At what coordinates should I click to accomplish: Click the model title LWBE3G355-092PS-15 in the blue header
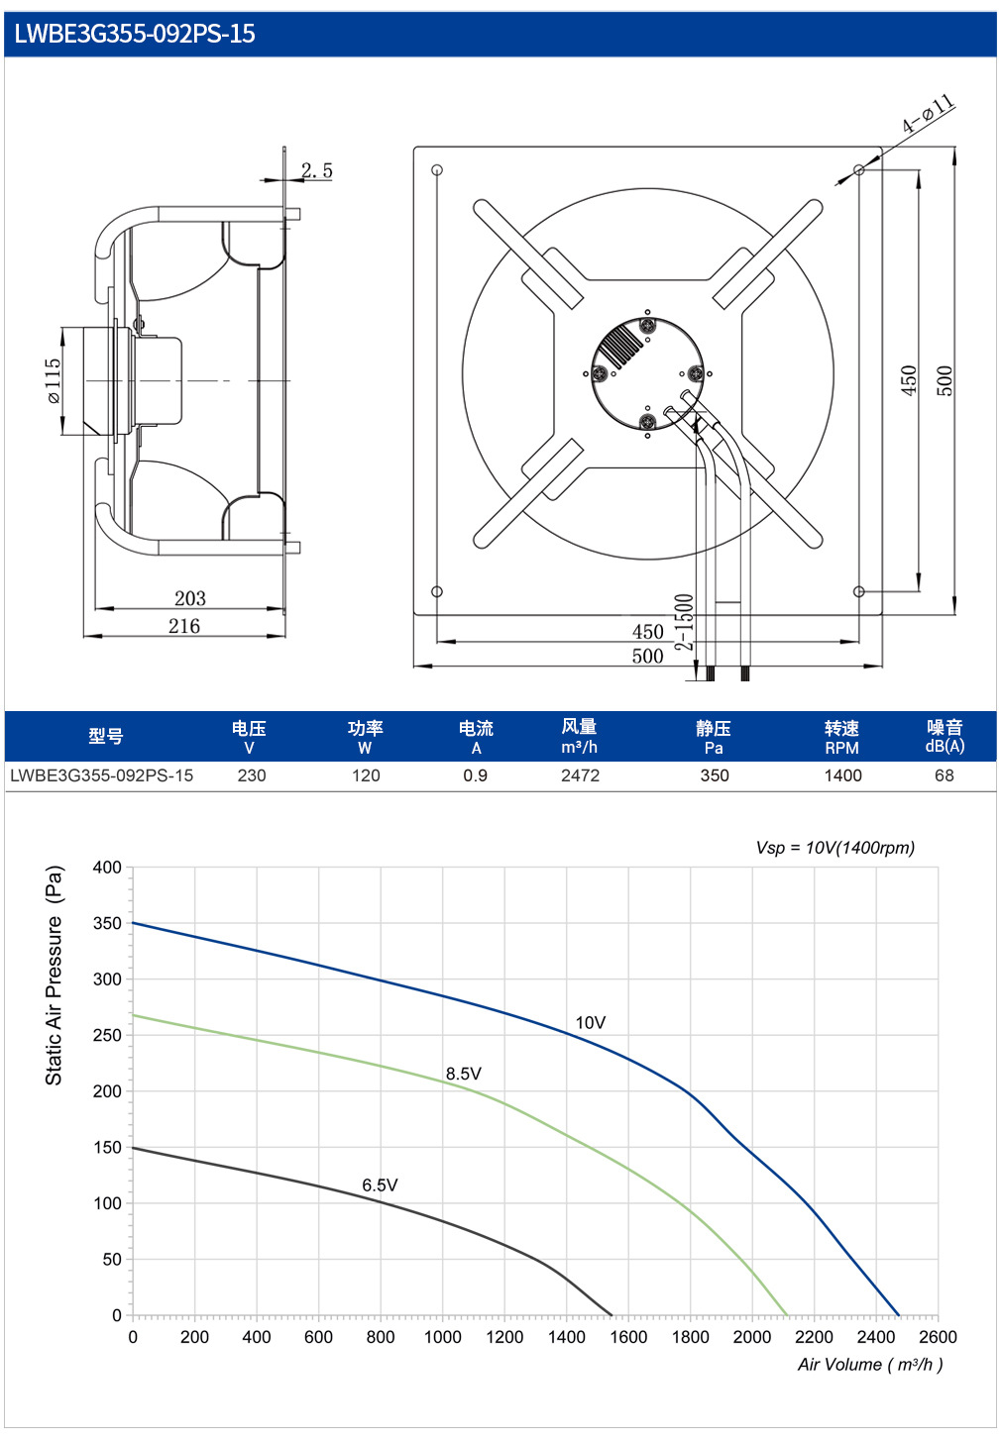(135, 34)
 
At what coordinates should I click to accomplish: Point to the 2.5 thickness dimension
(317, 170)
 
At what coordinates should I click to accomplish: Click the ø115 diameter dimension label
(54, 380)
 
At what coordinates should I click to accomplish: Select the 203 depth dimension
(190, 598)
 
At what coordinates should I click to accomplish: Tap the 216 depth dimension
(184, 626)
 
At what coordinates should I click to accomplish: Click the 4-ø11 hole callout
(929, 113)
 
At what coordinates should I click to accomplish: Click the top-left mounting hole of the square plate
(437, 170)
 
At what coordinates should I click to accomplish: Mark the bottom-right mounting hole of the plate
(858, 591)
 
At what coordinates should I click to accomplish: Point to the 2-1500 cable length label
(684, 622)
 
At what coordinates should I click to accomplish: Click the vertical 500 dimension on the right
(944, 380)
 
